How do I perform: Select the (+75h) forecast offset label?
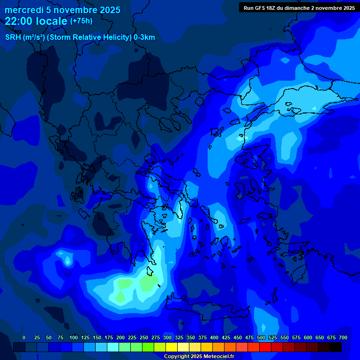(81, 21)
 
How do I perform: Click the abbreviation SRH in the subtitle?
(13, 37)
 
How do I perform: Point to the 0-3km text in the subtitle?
(144, 37)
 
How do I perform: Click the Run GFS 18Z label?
(260, 8)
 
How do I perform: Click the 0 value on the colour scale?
(24, 338)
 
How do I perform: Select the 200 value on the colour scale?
(120, 338)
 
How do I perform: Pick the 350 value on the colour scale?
(191, 338)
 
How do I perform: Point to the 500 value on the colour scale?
(261, 338)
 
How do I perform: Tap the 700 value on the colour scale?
(343, 338)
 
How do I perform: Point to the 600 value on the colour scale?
(308, 338)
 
